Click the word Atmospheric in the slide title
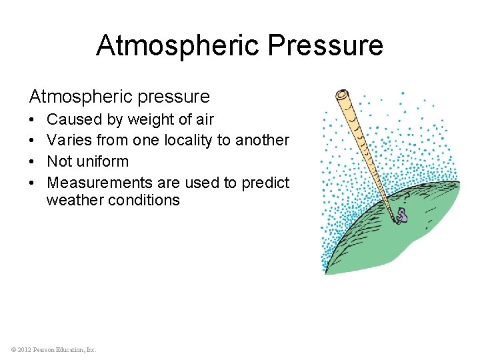[178, 45]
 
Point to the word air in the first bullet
[203, 120]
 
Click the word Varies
[71, 141]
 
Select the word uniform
[102, 161]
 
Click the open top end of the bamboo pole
[343, 93]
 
